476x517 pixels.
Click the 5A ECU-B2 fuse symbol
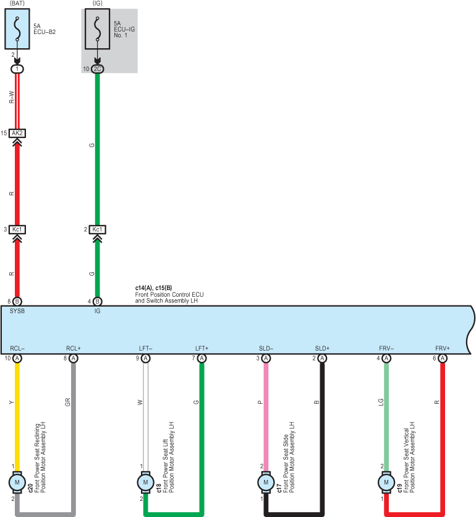pos(17,29)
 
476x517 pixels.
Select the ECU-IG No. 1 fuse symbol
pos(97,29)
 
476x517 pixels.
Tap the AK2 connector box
pos(17,133)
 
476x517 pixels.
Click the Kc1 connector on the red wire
pos(17,229)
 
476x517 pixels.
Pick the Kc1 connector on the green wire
pos(97,229)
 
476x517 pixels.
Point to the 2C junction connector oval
pos(97,69)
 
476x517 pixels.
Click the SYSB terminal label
pos(17,311)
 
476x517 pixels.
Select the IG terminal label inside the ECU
pos(97,311)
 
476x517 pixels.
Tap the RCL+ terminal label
pos(73,348)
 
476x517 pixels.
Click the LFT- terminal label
pos(145,348)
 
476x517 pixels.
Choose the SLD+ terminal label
pos(322,348)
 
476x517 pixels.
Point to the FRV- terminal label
pos(386,348)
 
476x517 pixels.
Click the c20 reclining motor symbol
pos(17,482)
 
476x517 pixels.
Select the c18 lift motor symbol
pos(145,482)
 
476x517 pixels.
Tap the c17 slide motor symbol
pos(266,482)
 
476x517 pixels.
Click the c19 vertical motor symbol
pos(386,482)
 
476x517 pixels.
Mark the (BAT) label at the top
pos(17,3)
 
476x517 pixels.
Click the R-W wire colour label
pos(12,97)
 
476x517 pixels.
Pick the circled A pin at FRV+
pos(443,358)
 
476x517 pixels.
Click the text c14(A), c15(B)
pos(153,288)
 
